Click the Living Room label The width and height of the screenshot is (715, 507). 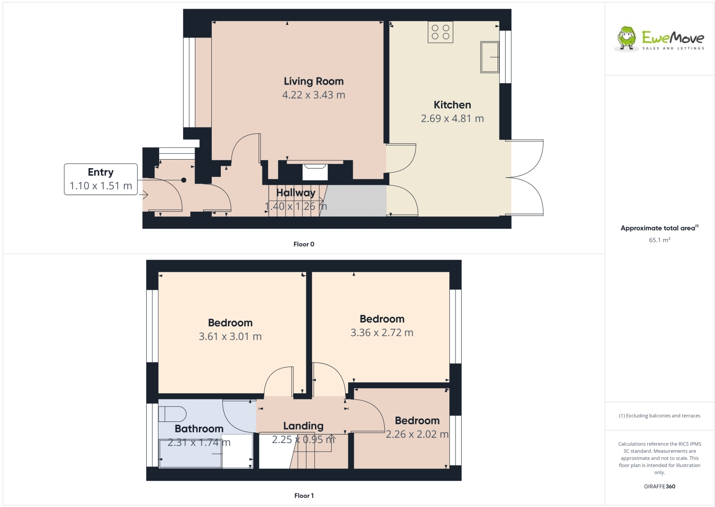(314, 81)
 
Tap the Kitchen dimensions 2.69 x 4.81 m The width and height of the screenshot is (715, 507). (452, 119)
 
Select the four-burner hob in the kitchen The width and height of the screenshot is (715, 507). (440, 32)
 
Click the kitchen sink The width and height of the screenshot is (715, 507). (489, 57)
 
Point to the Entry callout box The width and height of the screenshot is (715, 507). (101, 179)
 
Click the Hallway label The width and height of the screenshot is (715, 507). (296, 193)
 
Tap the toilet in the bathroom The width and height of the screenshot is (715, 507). (172, 414)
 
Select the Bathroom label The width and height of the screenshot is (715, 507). (199, 429)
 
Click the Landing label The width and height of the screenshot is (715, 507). (303, 426)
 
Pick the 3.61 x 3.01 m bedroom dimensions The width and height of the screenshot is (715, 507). (230, 336)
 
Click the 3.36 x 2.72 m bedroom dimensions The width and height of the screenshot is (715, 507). (381, 333)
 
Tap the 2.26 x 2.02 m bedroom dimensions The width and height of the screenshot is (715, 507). (417, 434)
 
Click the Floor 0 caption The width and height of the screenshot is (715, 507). (304, 244)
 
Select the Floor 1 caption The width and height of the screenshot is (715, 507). (304, 496)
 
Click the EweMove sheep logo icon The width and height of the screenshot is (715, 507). (627, 38)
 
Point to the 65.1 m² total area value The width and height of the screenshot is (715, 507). (659, 240)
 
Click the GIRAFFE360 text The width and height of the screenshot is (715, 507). (660, 486)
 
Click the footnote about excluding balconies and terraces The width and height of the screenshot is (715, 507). (660, 416)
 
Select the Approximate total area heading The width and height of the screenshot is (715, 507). (659, 228)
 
